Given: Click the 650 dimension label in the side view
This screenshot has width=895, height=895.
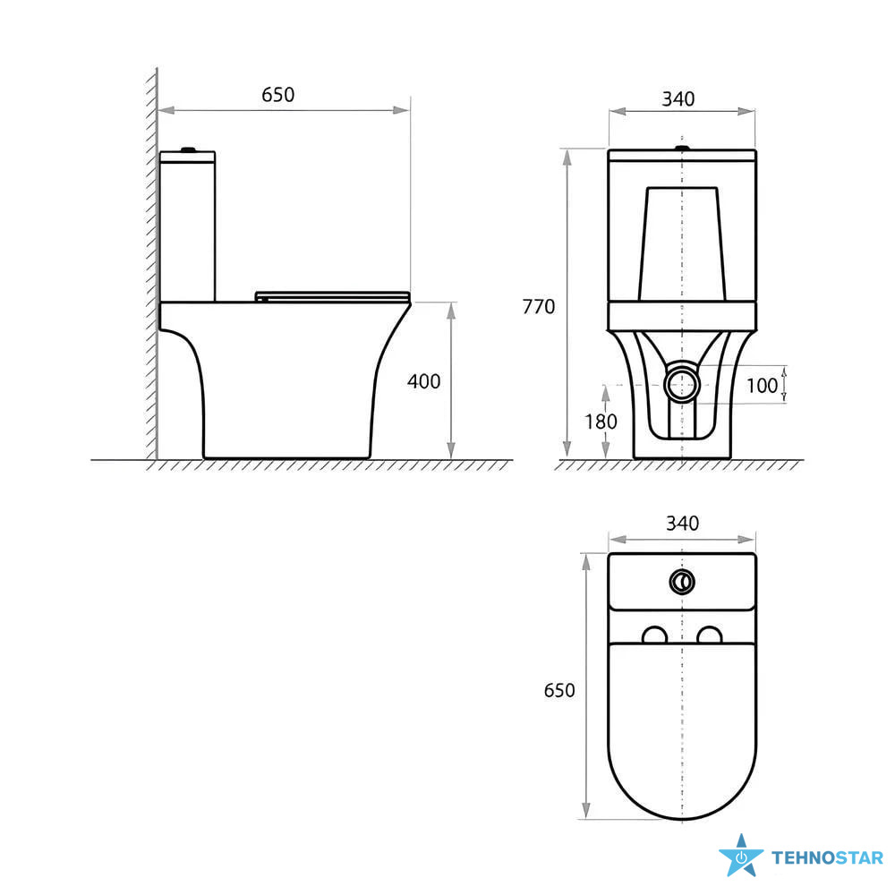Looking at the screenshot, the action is (x=278, y=94).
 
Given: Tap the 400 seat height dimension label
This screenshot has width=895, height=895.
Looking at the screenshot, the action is (x=423, y=380).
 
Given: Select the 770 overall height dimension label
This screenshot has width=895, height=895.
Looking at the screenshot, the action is (x=538, y=306).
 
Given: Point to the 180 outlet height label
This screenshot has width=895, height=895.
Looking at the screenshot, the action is (x=601, y=422).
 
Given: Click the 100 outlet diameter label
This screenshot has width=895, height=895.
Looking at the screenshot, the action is (x=762, y=385).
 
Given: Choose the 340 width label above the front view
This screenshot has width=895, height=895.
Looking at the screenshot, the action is (x=678, y=98).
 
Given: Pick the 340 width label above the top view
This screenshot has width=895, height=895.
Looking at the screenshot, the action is (x=682, y=523).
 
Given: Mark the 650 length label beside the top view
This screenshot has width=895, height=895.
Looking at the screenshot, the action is (x=559, y=690).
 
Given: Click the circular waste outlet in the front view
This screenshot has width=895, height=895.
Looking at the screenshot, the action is (x=683, y=384).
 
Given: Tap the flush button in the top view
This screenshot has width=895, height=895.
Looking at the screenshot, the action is (x=682, y=582).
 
